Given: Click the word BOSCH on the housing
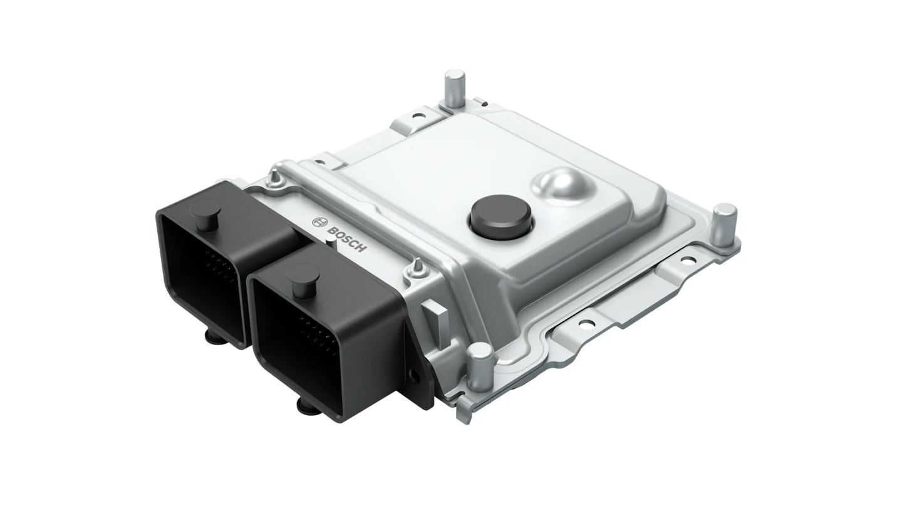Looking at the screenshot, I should click(x=346, y=239).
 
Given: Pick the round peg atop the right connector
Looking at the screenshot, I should click(x=302, y=274).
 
